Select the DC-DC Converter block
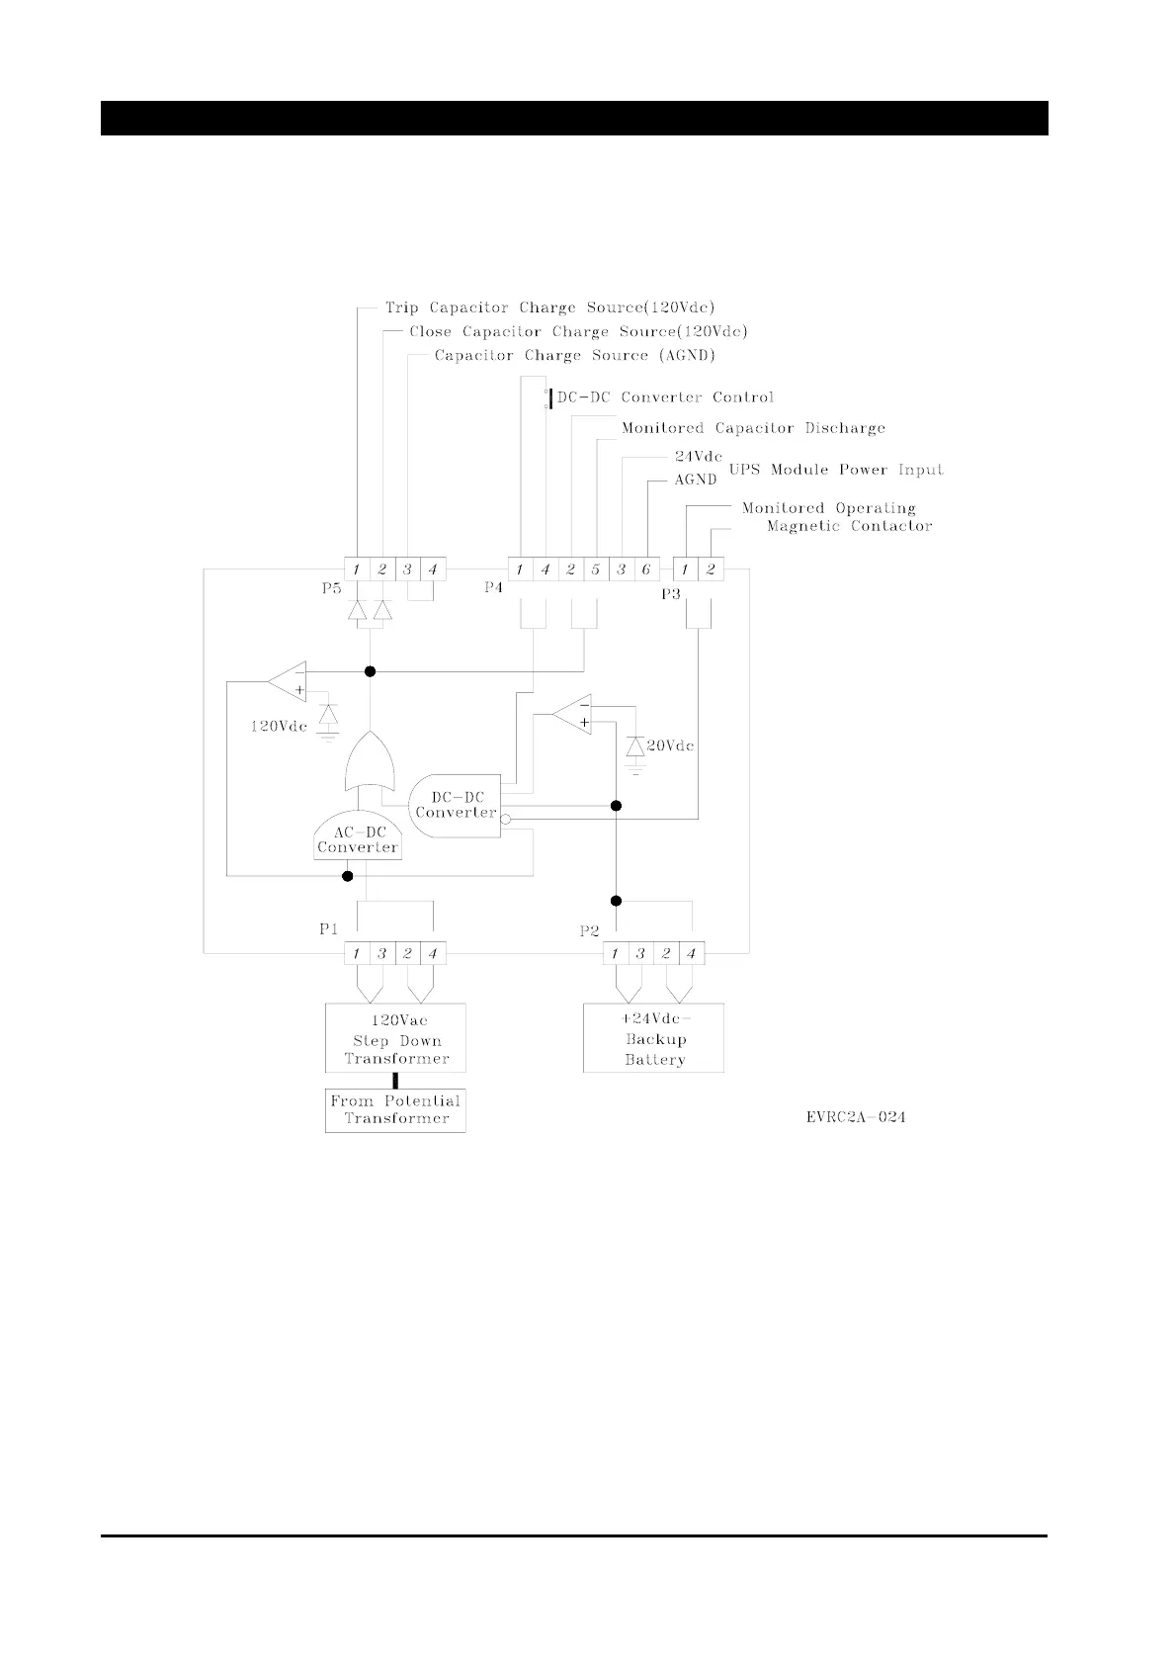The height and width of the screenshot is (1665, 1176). pos(456,805)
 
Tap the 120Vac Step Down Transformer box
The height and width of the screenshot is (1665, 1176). pos(395,1038)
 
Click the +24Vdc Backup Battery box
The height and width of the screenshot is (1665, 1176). pos(653,1038)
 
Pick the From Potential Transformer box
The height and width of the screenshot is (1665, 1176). pos(395,1110)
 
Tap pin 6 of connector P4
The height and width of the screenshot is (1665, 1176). pos(646,570)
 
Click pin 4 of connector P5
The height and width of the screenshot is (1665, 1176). pos(433,570)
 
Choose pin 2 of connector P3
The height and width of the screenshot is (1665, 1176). pos(711,570)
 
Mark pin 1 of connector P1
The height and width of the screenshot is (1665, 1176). pos(357,954)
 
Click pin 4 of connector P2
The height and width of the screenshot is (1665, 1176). pos(692,954)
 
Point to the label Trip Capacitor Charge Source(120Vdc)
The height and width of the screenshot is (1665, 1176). pos(549,308)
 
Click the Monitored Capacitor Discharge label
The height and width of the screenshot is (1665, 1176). pos(753,428)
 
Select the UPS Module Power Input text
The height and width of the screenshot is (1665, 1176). pos(836,470)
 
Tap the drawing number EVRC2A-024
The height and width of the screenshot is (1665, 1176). pos(856,1117)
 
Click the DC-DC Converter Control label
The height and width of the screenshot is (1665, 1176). pos(665,397)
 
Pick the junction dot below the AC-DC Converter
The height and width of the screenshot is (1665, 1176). pos(347,876)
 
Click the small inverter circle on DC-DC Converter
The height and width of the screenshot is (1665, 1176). pos(505,820)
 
